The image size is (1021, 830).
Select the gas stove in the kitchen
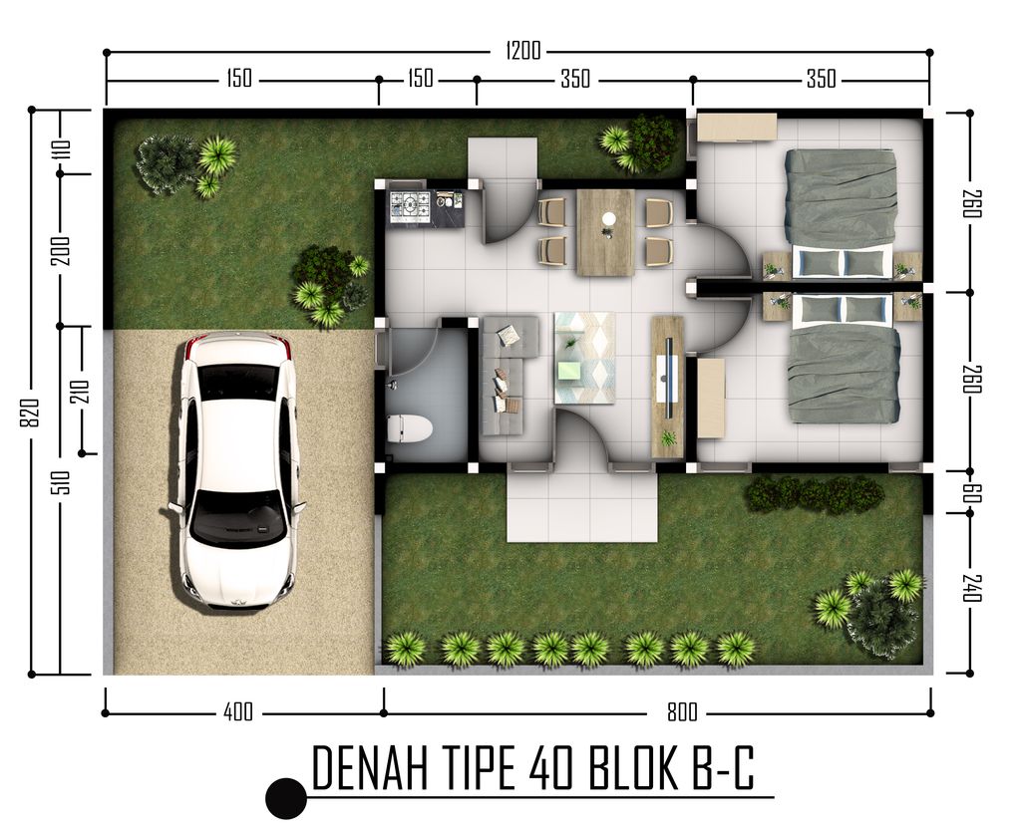(409, 206)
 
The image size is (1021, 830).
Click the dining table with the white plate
(605, 231)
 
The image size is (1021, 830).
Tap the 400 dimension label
(238, 711)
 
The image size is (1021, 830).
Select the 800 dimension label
(683, 711)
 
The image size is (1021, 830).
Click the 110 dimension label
(61, 150)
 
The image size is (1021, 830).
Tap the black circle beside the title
(286, 797)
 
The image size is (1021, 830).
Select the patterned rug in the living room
(584, 357)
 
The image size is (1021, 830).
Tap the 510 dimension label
(61, 484)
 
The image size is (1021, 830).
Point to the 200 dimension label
(61, 249)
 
